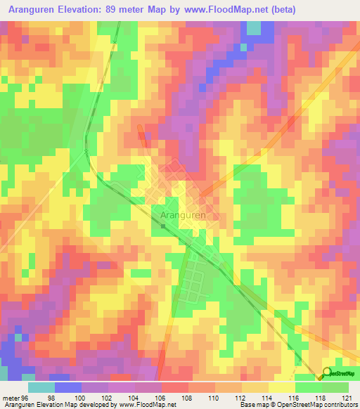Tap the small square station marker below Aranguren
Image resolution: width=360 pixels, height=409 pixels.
point(163,226)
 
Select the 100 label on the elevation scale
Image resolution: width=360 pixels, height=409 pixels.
point(81,397)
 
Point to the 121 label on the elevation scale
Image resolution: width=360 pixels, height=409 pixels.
point(346,397)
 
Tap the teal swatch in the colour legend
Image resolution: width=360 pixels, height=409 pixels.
point(41,387)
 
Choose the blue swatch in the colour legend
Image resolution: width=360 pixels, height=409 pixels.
point(67,387)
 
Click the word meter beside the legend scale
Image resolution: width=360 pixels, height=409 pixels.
point(9,397)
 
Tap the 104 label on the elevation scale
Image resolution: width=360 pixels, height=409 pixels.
point(134,397)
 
